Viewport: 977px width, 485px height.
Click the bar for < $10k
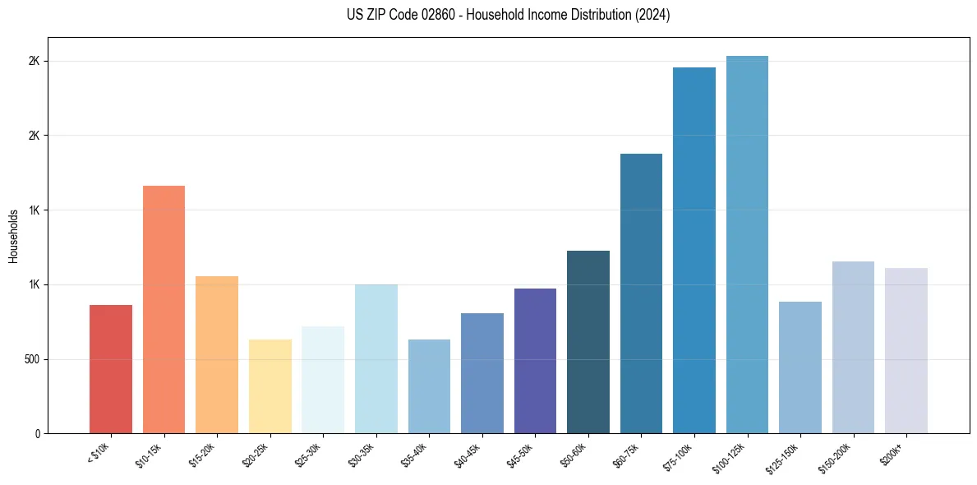[111, 369]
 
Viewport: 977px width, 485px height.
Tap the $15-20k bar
[217, 354]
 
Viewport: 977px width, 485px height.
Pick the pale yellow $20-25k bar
[270, 386]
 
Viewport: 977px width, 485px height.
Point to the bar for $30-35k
[376, 358]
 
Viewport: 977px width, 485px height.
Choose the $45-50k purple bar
[535, 361]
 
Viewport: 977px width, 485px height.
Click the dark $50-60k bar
[588, 342]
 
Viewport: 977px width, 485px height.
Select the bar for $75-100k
[694, 250]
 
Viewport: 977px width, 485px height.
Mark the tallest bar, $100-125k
[747, 244]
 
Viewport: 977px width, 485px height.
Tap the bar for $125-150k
[800, 367]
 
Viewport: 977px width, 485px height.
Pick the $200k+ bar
[906, 350]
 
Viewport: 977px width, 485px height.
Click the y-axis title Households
[13, 236]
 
